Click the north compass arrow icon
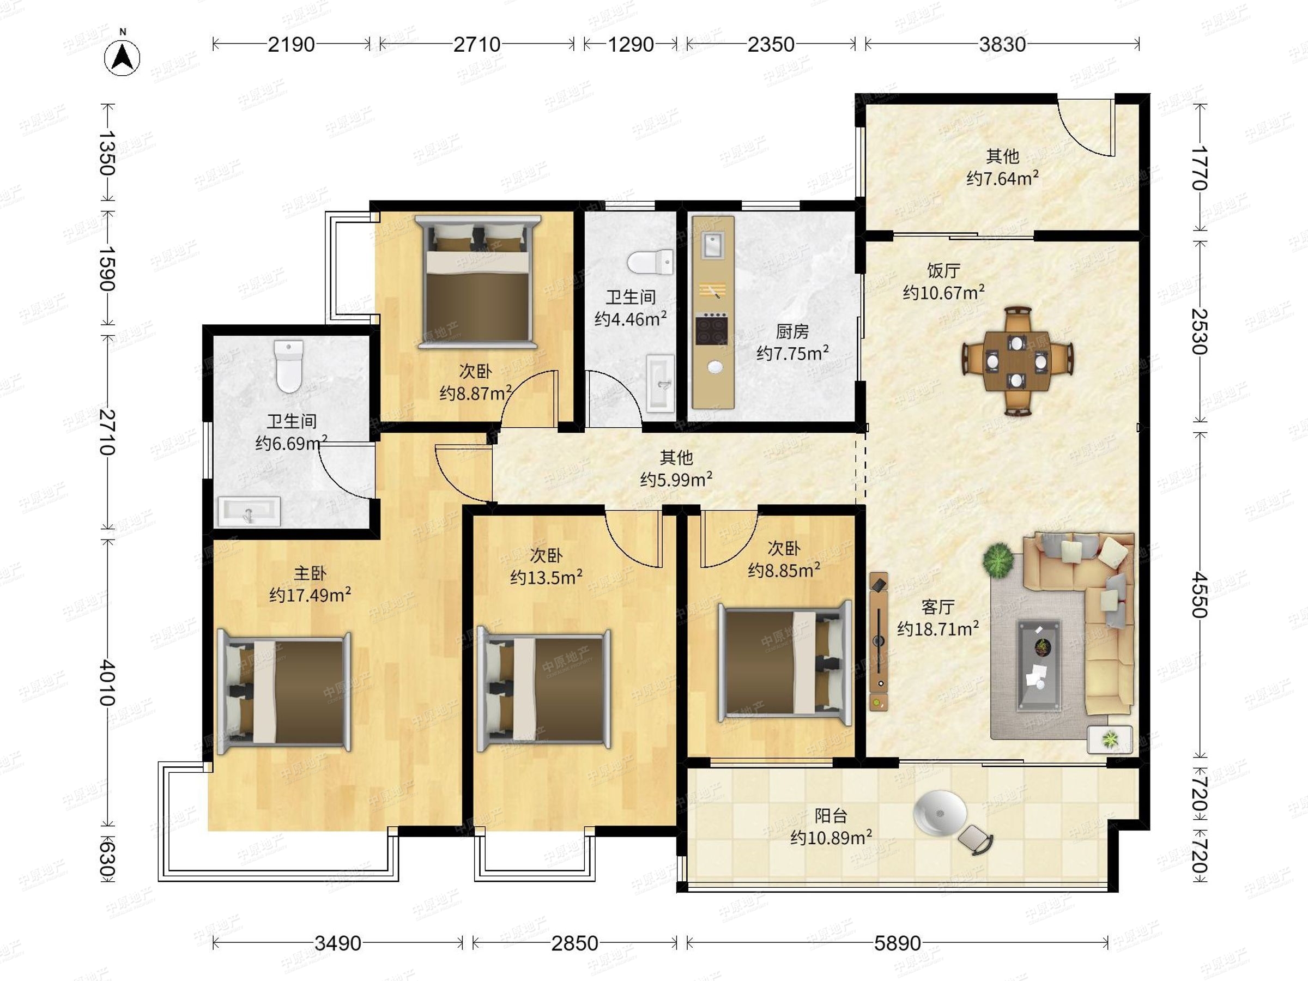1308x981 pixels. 123,57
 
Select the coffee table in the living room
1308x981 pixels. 1039,664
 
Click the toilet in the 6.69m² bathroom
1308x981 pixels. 289,366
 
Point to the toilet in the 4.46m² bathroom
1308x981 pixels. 650,262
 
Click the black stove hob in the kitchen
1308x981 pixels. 711,329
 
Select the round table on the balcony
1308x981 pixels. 940,813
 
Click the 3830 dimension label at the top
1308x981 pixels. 1002,44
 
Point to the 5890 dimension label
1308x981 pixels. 897,943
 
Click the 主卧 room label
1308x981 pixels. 310,573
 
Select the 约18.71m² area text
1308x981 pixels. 938,628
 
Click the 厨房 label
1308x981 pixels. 792,331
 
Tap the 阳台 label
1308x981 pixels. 831,816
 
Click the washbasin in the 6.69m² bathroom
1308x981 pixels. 249,511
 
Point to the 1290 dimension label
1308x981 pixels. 631,44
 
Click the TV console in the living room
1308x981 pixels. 879,641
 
